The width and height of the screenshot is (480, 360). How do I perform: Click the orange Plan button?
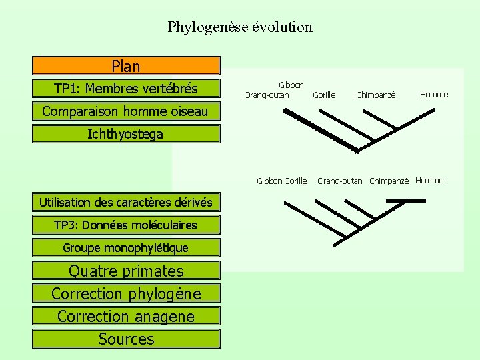[x=126, y=65]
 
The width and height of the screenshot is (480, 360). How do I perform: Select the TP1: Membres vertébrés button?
[x=126, y=88]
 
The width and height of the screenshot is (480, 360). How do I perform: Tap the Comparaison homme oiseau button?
[x=126, y=111]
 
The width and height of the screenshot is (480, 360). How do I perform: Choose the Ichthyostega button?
[x=126, y=134]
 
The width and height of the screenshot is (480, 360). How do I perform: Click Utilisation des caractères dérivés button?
[x=126, y=202]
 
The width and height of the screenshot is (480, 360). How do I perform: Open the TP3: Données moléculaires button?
[x=126, y=225]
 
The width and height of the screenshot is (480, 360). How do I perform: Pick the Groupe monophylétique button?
[x=126, y=247]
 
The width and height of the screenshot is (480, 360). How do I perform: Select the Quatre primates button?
[x=126, y=271]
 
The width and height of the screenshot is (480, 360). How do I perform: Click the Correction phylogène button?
[x=126, y=293]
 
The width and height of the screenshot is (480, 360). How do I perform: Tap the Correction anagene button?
[x=126, y=316]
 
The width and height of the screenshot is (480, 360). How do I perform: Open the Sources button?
[x=126, y=339]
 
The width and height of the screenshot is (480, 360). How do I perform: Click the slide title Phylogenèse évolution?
[x=240, y=27]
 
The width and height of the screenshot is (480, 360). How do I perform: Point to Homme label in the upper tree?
[x=434, y=95]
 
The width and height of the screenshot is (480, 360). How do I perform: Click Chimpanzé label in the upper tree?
[x=376, y=95]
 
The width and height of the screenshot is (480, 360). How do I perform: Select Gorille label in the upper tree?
[x=324, y=95]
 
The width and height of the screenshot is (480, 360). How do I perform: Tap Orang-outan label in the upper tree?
[x=267, y=95]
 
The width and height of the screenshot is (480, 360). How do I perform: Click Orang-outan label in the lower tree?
[x=340, y=181]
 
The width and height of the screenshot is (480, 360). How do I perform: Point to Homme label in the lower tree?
[x=429, y=181]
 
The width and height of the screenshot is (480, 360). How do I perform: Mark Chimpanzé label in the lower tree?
[x=389, y=181]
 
